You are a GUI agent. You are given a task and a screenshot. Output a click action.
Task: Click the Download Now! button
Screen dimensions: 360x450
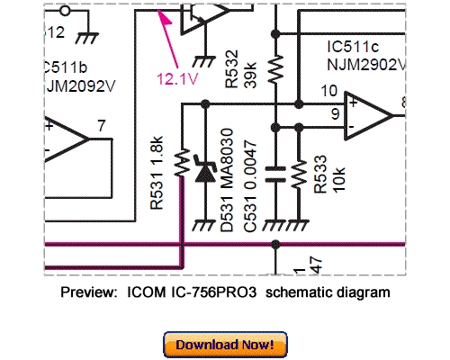point(225,344)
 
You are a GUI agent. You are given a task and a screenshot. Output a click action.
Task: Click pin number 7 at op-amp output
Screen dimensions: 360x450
point(103,123)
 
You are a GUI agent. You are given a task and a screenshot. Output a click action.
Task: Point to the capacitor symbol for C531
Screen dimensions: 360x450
point(276,176)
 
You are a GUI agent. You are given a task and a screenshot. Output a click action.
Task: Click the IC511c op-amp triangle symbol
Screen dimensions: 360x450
point(369,114)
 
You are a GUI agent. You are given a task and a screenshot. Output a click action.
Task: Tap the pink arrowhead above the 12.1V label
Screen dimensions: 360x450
point(162,16)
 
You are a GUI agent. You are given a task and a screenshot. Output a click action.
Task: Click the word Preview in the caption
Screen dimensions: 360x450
point(88,292)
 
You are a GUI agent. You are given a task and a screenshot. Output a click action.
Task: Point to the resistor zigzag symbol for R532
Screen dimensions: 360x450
point(276,67)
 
